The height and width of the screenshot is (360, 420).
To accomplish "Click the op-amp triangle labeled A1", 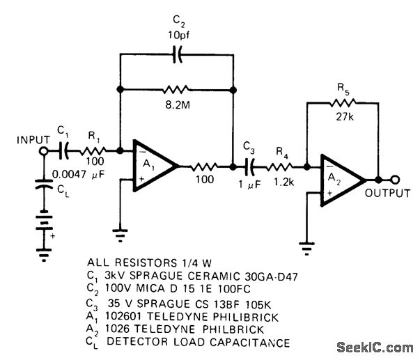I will pos(154,167).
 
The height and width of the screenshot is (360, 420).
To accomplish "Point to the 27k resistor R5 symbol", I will pos(342,102).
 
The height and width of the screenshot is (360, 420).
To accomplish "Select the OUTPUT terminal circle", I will pos(396,178).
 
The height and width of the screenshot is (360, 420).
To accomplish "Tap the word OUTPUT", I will pos(389,194).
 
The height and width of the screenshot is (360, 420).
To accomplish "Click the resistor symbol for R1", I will pos(93,150).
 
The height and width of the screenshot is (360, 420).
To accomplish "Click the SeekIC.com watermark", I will pos(374,347).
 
